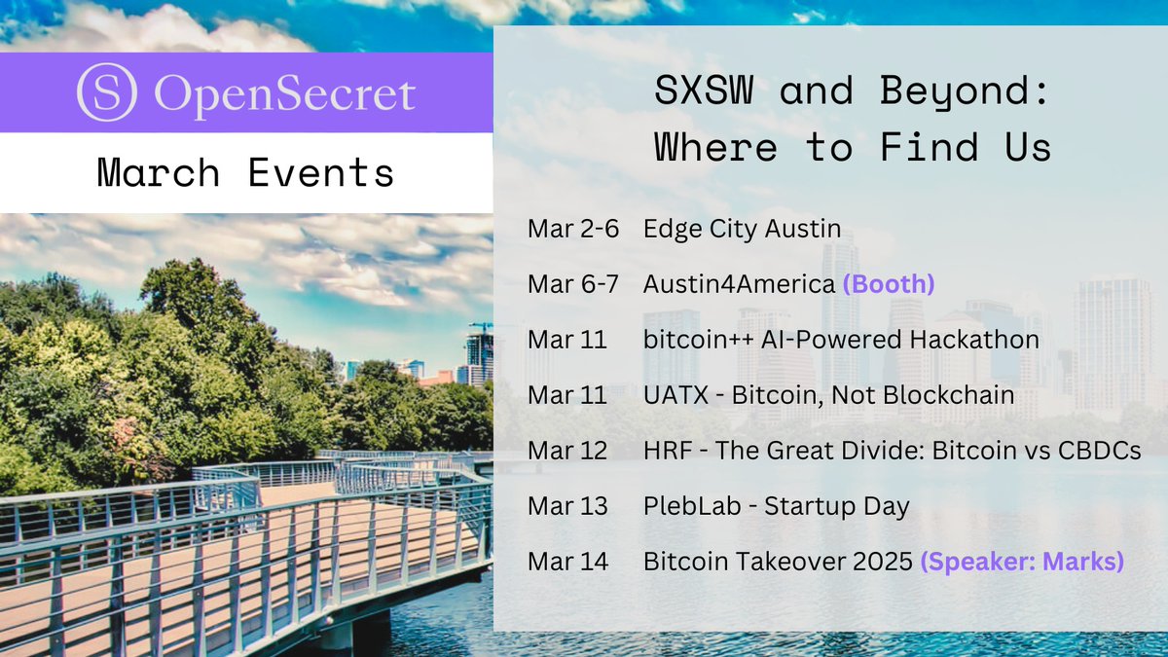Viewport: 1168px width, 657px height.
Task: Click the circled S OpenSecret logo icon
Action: tap(107, 92)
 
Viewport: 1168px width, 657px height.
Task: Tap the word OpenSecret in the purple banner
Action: tap(284, 94)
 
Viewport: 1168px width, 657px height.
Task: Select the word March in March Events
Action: tap(158, 172)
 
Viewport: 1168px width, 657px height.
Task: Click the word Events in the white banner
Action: tap(320, 172)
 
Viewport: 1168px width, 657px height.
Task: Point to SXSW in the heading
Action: tap(704, 90)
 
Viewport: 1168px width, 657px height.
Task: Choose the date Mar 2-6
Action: tap(573, 229)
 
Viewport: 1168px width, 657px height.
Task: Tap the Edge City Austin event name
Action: tap(742, 230)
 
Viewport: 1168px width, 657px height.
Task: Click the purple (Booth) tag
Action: tap(889, 284)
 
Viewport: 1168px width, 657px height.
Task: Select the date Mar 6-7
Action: tap(573, 284)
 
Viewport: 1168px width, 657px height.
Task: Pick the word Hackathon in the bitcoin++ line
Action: tap(974, 340)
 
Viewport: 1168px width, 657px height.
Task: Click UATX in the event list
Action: tap(675, 395)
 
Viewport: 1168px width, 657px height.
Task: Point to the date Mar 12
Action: tap(567, 451)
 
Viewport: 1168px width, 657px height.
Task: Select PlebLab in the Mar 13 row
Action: tap(692, 506)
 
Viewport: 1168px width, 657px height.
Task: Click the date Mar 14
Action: tap(567, 562)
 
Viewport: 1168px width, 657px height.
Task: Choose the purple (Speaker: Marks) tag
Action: tap(1022, 562)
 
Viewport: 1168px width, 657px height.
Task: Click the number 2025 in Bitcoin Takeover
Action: tap(882, 562)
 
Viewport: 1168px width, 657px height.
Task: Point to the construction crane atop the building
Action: tap(481, 327)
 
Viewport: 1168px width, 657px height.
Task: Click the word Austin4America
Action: tap(740, 284)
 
